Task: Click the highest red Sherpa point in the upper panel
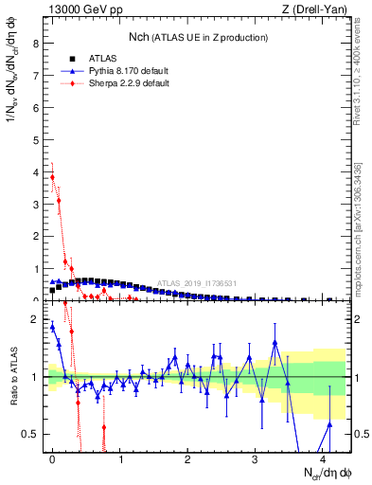click(52, 177)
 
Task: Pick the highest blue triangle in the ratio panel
click(52, 327)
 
